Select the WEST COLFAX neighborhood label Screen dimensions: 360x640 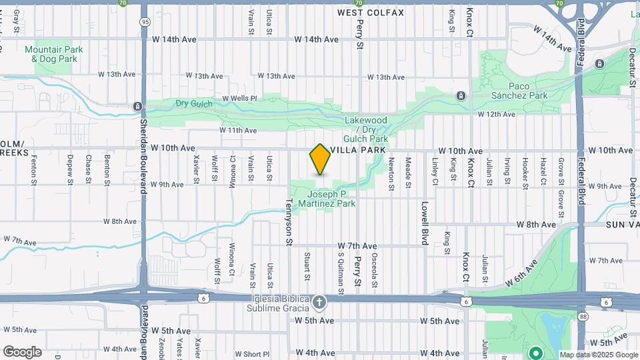(x=370, y=13)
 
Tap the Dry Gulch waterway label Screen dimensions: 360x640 (x=194, y=103)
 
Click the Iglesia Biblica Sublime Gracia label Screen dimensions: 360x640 (x=271, y=303)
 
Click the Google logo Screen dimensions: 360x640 (x=22, y=352)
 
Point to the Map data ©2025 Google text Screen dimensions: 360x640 (x=599, y=355)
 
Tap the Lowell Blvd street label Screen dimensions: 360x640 (x=424, y=223)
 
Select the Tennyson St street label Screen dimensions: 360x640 (x=289, y=221)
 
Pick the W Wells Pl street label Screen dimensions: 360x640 (x=239, y=98)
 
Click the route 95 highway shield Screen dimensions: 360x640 (x=145, y=23)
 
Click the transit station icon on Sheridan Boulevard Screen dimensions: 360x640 (x=137, y=107)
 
